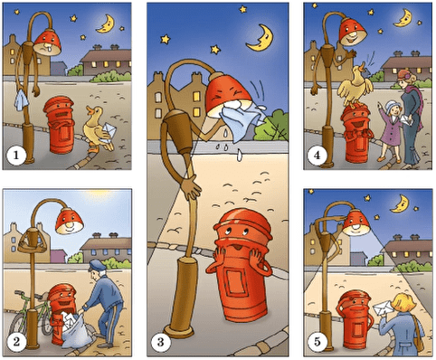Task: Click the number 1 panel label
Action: click(15, 156)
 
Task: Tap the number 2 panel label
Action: click(15, 342)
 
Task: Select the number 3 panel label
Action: click(160, 342)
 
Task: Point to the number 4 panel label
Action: click(317, 156)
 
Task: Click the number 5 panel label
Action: click(317, 342)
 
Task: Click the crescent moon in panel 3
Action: click(261, 38)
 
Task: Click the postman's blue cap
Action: click(97, 265)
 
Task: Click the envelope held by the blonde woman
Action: click(383, 308)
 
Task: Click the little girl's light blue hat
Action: click(393, 106)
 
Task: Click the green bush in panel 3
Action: click(271, 126)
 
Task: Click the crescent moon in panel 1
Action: click(106, 24)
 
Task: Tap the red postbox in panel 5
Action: click(355, 319)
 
